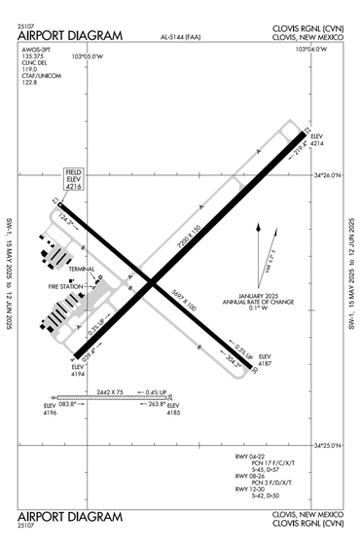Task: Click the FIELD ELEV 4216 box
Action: [75, 177]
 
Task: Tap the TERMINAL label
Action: [82, 269]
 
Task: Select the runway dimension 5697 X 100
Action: [184, 302]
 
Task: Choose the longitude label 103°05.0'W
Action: [89, 56]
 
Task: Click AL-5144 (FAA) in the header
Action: [184, 37]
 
